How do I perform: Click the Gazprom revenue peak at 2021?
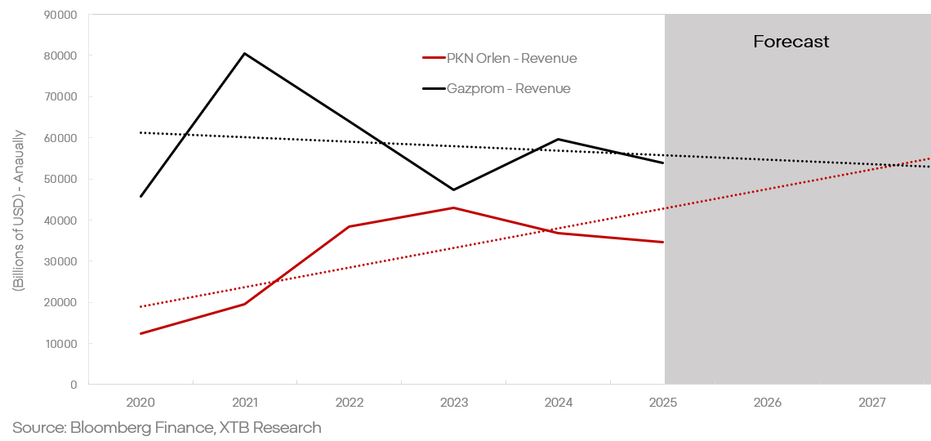tap(245, 54)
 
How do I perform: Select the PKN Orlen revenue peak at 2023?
tap(454, 207)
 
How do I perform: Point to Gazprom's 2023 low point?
tap(454, 189)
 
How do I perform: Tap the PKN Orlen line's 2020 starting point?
tap(140, 333)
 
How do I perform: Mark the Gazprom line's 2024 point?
tap(559, 139)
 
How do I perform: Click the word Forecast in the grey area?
tap(791, 42)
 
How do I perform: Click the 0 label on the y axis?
tap(73, 385)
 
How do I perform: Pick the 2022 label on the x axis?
tap(350, 403)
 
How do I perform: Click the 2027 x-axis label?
tap(872, 403)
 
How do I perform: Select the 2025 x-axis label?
tap(663, 403)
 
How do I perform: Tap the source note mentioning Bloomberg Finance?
tap(167, 427)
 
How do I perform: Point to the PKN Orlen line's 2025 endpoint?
tap(662, 242)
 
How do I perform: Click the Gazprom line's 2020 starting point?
tap(140, 196)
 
